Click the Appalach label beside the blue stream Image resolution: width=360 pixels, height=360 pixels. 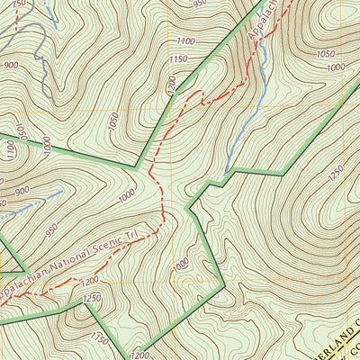coord(256,23)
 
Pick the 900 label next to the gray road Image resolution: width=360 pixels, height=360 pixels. coord(12,65)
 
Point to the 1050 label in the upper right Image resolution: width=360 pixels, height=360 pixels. coord(325,54)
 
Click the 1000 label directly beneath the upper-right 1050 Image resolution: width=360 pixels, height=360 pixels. coord(335,68)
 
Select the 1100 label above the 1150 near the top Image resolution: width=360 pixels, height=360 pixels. coord(186,40)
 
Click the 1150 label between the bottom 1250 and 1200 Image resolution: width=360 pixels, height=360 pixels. coord(99,338)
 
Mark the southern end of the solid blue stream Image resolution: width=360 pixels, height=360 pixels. coord(226,171)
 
